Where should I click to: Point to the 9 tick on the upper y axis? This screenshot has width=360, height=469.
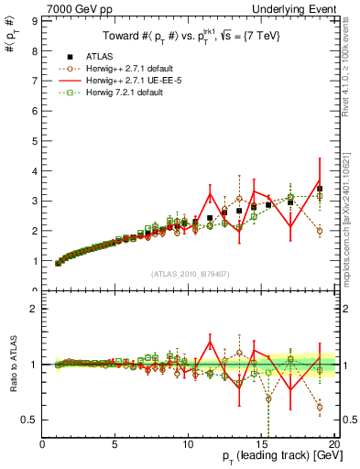pos(35,17)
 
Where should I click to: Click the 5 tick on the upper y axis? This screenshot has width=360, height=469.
pos(35,139)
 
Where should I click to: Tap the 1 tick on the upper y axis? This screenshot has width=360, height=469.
pos(35,261)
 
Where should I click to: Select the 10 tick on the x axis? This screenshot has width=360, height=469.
pos(189,444)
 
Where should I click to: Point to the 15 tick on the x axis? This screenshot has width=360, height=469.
pos(261,444)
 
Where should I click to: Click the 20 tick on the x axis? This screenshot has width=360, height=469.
pos(333,444)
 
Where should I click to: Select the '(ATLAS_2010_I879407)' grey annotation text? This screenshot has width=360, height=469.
pos(190,273)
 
